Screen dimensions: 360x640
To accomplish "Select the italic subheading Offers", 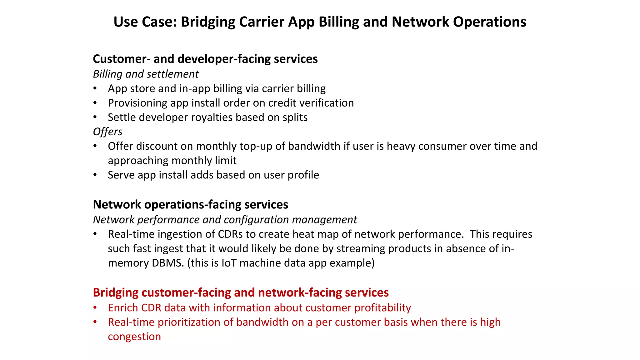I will tap(107, 132).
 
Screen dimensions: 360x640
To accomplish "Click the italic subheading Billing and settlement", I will tap(146, 74).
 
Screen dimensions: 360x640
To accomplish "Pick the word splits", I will tap(295, 117).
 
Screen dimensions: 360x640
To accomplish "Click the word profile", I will tap(303, 175).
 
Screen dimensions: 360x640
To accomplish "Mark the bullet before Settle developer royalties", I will tap(95, 117).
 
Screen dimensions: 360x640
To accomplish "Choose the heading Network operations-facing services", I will tap(190, 205).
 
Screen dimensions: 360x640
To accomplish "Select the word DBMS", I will tap(167, 263).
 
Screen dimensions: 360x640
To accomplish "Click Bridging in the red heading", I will tap(116, 293).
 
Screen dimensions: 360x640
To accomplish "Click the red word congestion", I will tap(134, 337).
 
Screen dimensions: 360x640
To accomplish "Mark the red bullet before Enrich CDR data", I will tap(95, 308).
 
